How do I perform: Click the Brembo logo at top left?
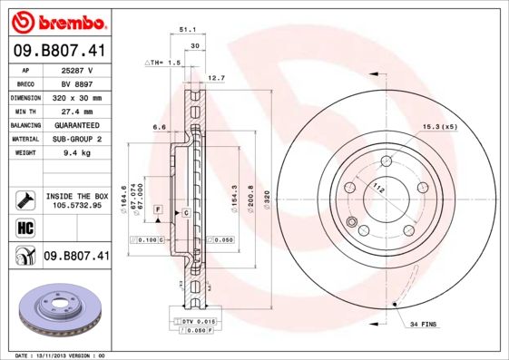(56, 21)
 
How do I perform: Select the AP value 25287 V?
(77, 69)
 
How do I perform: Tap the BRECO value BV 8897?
(77, 83)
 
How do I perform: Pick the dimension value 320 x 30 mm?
(77, 97)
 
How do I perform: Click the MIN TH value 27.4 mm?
(77, 111)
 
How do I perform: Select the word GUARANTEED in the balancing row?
(77, 125)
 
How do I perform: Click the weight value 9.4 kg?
(77, 153)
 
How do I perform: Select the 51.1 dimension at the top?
(190, 29)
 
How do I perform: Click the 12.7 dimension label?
(216, 78)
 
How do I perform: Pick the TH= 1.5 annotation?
(164, 63)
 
